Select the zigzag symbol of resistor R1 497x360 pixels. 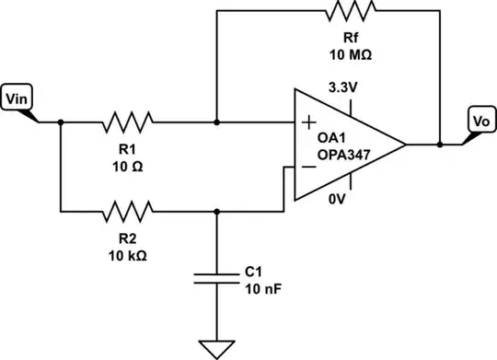[130, 121]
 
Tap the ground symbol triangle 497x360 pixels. [217, 348]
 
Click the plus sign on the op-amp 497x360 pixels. [306, 121]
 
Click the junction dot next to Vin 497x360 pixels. [60, 122]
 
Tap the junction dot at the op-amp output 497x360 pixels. [440, 145]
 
